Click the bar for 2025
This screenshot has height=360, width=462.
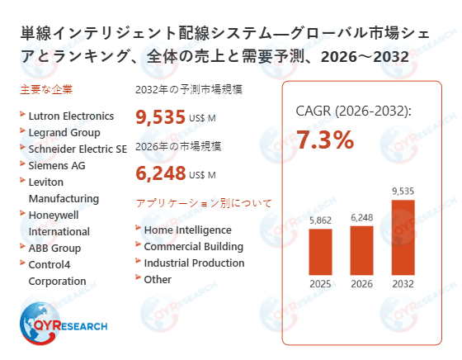321,253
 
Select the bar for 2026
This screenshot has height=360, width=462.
361,251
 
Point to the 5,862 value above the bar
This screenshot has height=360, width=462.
321,220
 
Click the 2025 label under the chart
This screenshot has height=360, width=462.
321,285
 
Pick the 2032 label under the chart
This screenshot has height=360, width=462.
403,285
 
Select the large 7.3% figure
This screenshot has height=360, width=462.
325,140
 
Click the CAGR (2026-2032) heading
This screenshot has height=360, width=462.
353,111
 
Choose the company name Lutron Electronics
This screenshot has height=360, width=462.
71,111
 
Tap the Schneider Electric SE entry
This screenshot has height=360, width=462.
78,149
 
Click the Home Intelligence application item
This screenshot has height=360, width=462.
187,230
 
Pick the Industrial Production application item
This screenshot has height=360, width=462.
194,263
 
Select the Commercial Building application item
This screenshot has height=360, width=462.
193,246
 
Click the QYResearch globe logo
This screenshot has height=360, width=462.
39,322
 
